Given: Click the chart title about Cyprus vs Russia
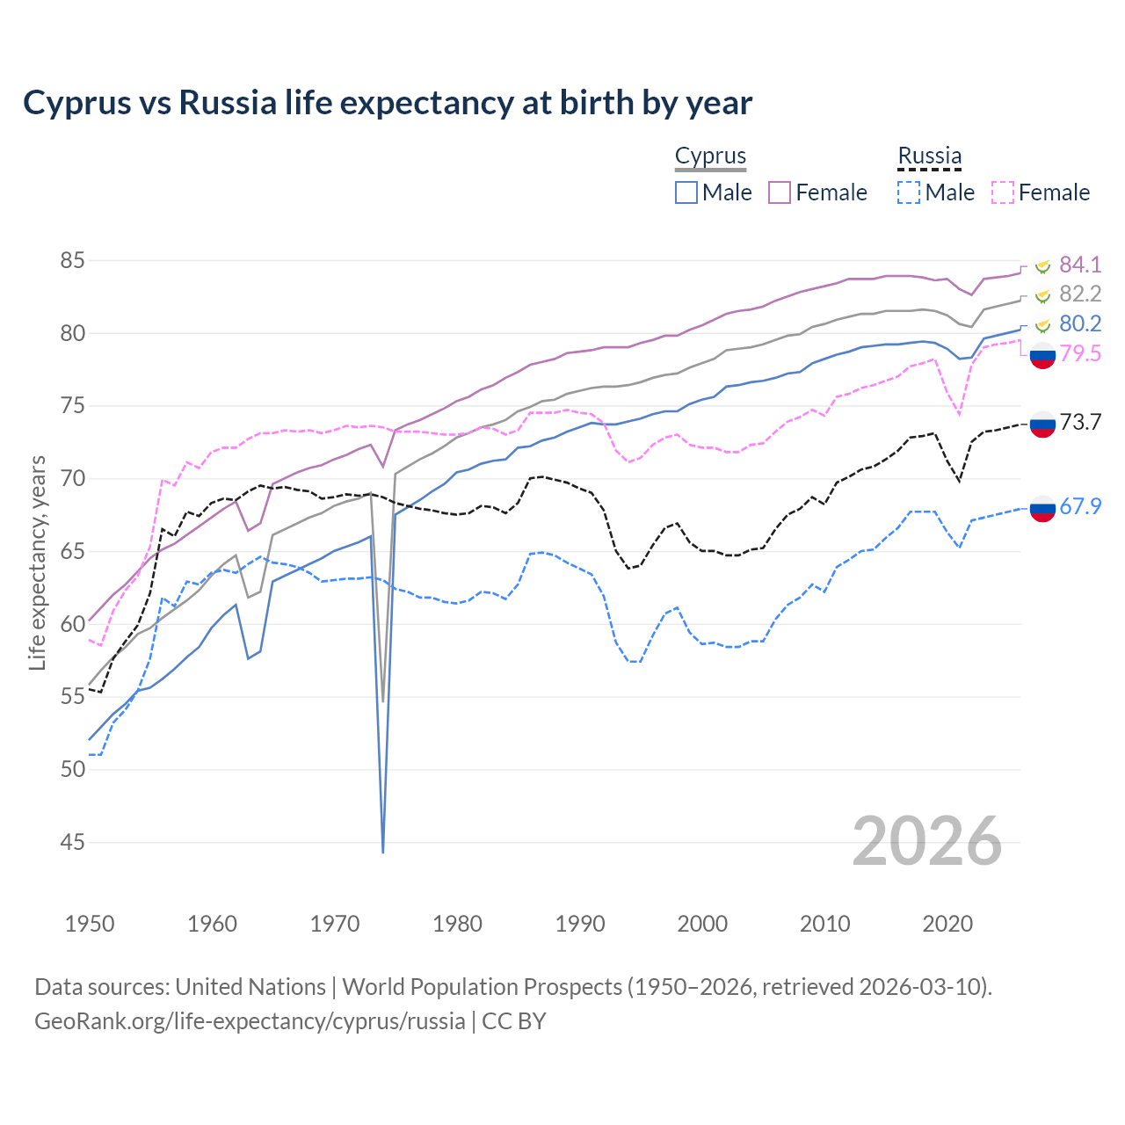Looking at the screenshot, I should tap(388, 103).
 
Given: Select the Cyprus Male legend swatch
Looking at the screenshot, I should tap(686, 192).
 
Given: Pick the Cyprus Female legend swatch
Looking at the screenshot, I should tap(780, 192).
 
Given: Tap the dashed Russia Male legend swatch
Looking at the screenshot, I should tap(909, 192).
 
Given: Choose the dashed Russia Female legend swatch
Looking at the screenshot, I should tap(1003, 192).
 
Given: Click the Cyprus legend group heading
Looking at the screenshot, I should tap(710, 156).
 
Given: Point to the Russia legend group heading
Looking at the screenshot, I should tap(929, 156).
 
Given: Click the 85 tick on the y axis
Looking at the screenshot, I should tap(73, 261).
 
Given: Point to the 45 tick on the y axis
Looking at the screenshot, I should tap(73, 843).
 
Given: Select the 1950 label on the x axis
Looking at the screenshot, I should tap(90, 924).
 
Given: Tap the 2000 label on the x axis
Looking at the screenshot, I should tap(702, 924).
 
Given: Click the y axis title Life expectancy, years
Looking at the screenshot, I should tap(38, 562).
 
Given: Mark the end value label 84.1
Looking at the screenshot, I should tap(1080, 265).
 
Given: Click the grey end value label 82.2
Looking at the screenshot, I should tap(1080, 294).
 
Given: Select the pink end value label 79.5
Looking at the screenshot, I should tap(1080, 353).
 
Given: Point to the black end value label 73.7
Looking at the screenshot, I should tap(1080, 423).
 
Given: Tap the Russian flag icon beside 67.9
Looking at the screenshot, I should tap(1042, 508).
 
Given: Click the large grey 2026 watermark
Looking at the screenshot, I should tap(927, 841).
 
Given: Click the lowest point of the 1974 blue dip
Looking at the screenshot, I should tap(383, 852).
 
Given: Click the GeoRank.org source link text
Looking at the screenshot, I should tap(250, 1021).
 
